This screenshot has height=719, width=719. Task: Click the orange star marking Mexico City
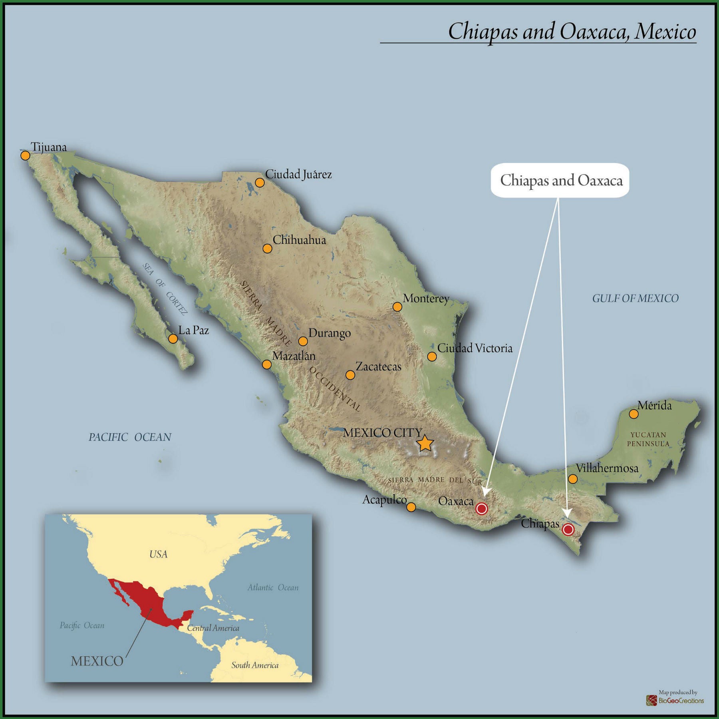pyautogui.click(x=425, y=443)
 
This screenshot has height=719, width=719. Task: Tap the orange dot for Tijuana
pyautogui.click(x=25, y=155)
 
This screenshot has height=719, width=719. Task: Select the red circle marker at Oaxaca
pyautogui.click(x=482, y=508)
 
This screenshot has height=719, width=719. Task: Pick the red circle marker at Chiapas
pyautogui.click(x=568, y=530)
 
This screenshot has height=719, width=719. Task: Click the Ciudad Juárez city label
pyautogui.click(x=298, y=174)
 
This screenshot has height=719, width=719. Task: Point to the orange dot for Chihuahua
pyautogui.click(x=267, y=249)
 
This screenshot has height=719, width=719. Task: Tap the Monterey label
pyautogui.click(x=426, y=298)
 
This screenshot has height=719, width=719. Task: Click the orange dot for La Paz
pyautogui.click(x=173, y=339)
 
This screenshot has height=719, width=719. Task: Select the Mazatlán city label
pyautogui.click(x=294, y=356)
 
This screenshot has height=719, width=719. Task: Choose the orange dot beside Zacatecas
pyautogui.click(x=350, y=375)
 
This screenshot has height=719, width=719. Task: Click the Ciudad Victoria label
pyautogui.click(x=475, y=348)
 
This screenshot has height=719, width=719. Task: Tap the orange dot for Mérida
pyautogui.click(x=634, y=414)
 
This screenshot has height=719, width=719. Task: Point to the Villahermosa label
pyautogui.click(x=607, y=468)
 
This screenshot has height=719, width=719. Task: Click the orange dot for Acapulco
pyautogui.click(x=411, y=507)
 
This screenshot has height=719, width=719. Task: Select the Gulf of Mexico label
pyautogui.click(x=635, y=298)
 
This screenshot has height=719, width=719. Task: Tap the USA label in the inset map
pyautogui.click(x=158, y=554)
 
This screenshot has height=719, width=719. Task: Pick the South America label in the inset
pyautogui.click(x=255, y=665)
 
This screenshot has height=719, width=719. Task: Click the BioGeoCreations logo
pyautogui.click(x=675, y=700)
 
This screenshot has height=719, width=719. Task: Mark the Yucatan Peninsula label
pyautogui.click(x=648, y=439)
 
